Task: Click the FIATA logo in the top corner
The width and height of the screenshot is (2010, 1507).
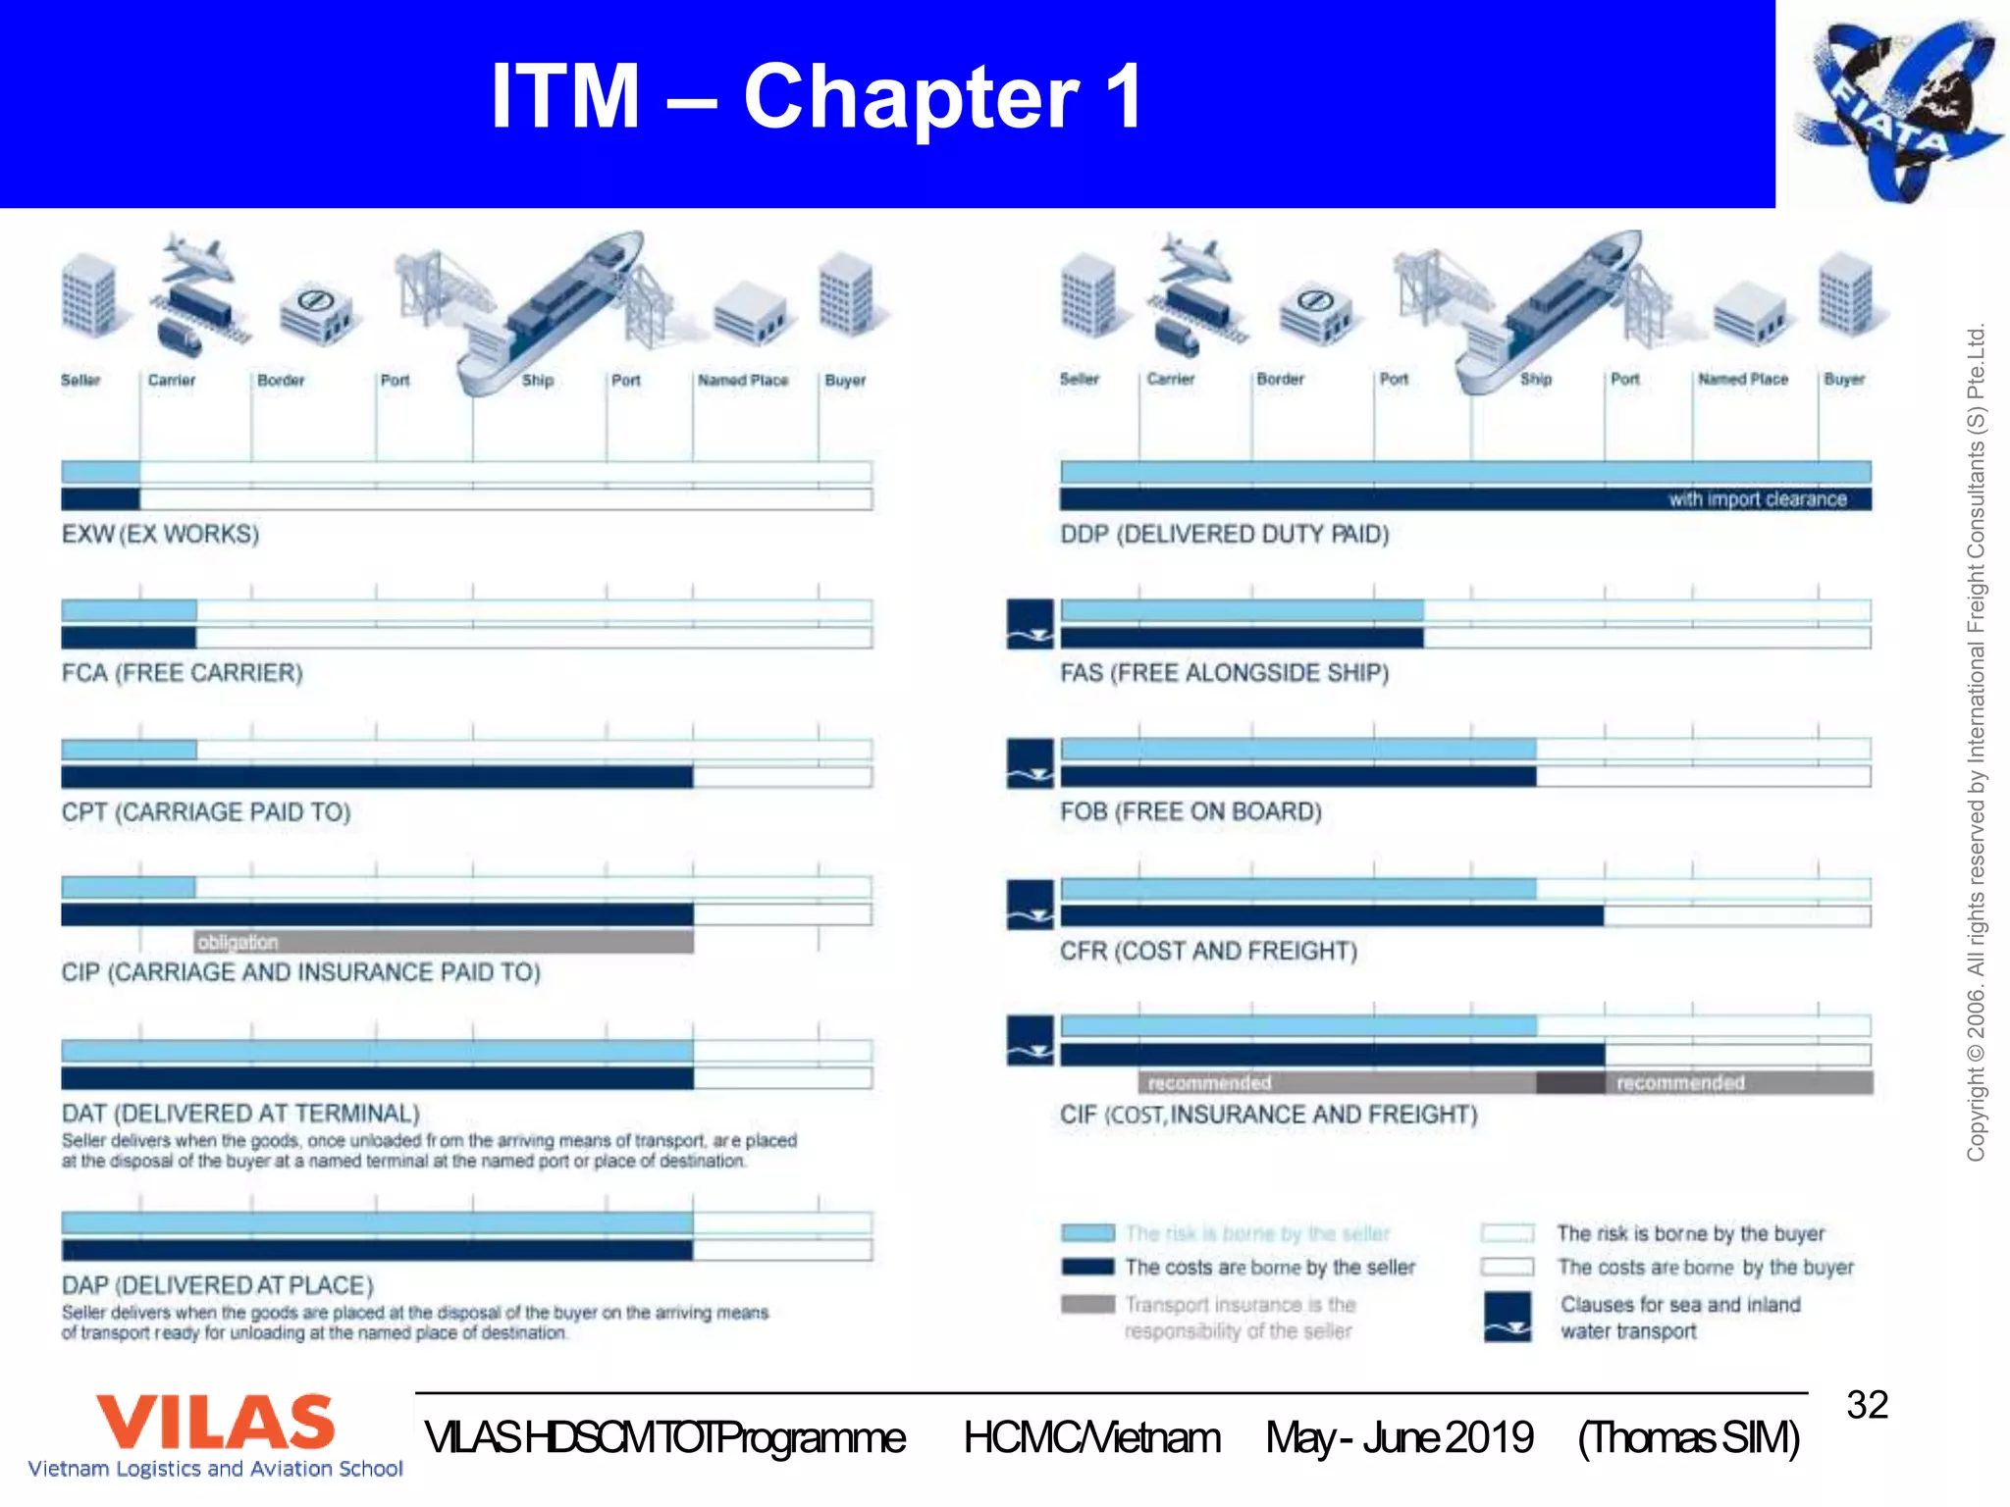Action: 1893,106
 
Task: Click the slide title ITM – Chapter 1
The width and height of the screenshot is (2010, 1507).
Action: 817,96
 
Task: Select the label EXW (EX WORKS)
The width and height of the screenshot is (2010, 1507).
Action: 160,535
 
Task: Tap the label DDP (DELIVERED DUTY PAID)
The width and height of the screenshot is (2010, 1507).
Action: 1224,535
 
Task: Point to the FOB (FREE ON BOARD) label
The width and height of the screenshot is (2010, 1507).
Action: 1190,812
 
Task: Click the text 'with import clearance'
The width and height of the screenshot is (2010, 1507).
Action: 1757,499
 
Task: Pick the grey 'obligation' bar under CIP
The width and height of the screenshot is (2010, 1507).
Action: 444,943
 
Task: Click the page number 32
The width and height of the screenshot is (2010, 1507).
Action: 1867,1405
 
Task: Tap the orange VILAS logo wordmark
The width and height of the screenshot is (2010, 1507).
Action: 215,1423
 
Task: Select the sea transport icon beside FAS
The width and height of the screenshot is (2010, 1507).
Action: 1030,625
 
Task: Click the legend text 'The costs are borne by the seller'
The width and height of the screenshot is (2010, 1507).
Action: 1270,1268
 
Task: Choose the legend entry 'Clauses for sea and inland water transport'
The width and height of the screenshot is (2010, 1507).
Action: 1679,1318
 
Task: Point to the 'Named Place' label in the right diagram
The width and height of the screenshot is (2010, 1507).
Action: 1743,380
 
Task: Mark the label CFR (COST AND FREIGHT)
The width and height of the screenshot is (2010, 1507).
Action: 1208,952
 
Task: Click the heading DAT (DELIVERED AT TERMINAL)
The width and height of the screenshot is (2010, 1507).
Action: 240,1114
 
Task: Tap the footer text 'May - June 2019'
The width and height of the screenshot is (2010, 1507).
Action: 1399,1438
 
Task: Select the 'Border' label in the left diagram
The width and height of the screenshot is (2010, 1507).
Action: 281,381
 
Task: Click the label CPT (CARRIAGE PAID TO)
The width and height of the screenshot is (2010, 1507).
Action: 206,812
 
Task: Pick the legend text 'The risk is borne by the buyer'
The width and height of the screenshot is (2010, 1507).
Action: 1690,1233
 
